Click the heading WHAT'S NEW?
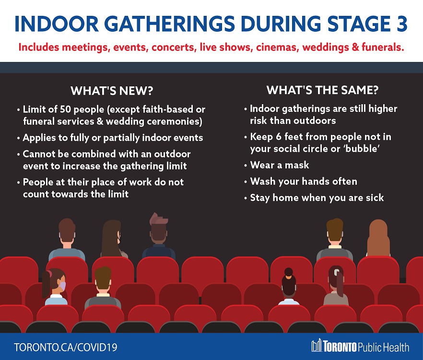112,91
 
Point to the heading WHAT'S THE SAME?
322,90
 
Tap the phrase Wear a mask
280,165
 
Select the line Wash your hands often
304,181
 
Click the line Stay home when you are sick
317,198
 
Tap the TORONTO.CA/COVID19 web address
66,347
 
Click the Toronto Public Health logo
360,346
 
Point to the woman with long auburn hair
378,238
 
